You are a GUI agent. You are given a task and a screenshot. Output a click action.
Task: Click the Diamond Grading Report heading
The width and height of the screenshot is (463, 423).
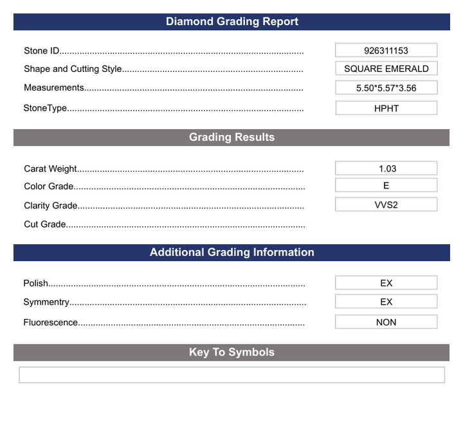(232, 22)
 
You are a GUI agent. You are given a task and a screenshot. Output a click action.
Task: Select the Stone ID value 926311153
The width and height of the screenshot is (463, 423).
(386, 50)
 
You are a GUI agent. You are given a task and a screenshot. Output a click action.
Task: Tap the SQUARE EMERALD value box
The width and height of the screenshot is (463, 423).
(386, 69)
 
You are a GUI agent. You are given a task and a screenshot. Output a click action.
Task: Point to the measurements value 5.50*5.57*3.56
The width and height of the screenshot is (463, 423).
(386, 88)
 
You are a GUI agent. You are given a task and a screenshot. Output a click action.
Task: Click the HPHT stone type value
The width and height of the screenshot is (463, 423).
(386, 108)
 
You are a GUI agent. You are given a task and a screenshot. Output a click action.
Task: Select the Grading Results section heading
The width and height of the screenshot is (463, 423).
(232, 138)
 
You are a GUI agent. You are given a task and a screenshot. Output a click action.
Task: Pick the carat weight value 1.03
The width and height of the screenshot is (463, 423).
(386, 168)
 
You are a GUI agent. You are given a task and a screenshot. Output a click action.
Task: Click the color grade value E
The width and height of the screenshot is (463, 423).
(386, 185)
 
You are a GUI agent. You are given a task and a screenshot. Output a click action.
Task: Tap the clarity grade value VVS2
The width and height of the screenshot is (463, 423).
(386, 204)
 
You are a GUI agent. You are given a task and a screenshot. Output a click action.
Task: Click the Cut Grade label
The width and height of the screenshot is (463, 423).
(45, 224)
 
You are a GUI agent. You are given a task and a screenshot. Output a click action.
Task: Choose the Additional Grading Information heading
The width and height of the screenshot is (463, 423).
(232, 253)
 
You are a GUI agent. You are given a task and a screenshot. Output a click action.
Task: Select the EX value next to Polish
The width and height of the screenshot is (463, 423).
(386, 283)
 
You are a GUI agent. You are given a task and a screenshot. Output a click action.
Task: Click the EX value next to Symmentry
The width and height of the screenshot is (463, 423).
(386, 301)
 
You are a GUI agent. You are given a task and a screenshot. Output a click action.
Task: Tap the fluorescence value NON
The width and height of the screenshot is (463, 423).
(386, 322)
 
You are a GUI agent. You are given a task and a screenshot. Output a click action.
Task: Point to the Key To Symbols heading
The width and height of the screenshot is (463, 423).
(232, 352)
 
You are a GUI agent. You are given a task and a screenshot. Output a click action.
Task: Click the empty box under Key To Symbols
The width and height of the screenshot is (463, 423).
(232, 375)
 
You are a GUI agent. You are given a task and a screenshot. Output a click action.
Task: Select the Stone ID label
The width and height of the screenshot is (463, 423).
(42, 51)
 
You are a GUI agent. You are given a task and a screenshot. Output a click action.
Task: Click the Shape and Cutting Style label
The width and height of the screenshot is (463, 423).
(73, 69)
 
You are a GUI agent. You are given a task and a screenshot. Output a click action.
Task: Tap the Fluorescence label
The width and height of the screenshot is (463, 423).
(51, 323)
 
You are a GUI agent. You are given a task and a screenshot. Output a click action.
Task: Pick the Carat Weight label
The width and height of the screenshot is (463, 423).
(50, 169)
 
